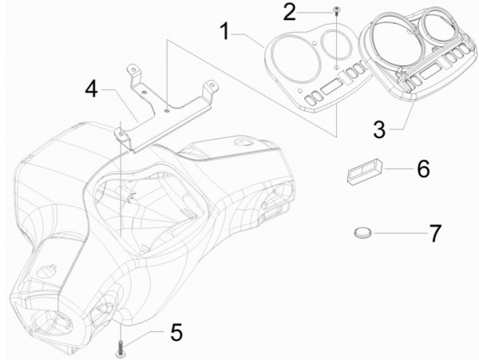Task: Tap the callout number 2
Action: (x=290, y=12)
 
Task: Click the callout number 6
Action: (x=422, y=169)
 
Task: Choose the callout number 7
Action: (x=435, y=233)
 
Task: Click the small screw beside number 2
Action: (x=335, y=10)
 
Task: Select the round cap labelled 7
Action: (x=363, y=232)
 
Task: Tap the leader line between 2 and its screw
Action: (x=315, y=11)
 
